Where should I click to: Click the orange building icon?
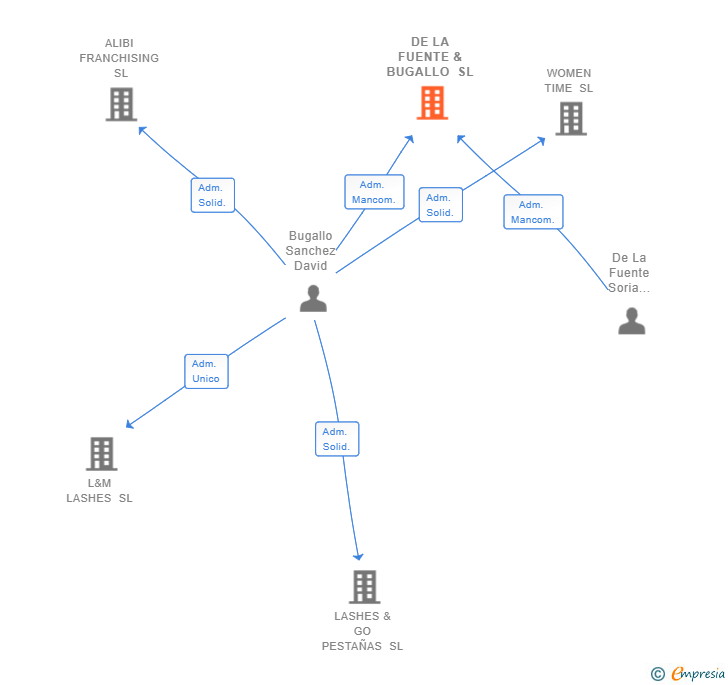pyautogui.click(x=432, y=103)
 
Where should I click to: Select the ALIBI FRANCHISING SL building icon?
pyautogui.click(x=121, y=104)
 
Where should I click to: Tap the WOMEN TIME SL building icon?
pyautogui.click(x=571, y=119)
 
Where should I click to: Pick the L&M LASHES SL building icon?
pyautogui.click(x=101, y=454)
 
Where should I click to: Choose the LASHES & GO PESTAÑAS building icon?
pyautogui.click(x=365, y=587)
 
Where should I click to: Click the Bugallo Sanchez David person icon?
pyautogui.click(x=313, y=298)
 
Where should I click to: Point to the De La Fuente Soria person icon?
pyautogui.click(x=631, y=321)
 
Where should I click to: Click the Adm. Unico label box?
pyautogui.click(x=206, y=371)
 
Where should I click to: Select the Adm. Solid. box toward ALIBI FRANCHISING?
pyautogui.click(x=212, y=195)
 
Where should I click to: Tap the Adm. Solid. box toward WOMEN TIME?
pyautogui.click(x=440, y=205)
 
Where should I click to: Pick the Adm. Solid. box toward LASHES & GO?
pyautogui.click(x=336, y=439)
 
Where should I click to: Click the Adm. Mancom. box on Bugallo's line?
pyautogui.click(x=374, y=192)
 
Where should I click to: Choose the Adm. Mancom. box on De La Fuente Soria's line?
pyautogui.click(x=533, y=212)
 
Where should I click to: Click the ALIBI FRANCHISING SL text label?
pyautogui.click(x=120, y=58)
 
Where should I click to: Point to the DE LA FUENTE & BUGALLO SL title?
pyautogui.click(x=430, y=57)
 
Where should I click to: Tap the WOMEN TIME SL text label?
pyautogui.click(x=569, y=81)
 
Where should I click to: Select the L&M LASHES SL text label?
pyautogui.click(x=99, y=491)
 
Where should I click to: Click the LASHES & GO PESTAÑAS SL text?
pyautogui.click(x=362, y=631)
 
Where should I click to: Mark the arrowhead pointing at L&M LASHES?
pyautogui.click(x=129, y=425)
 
